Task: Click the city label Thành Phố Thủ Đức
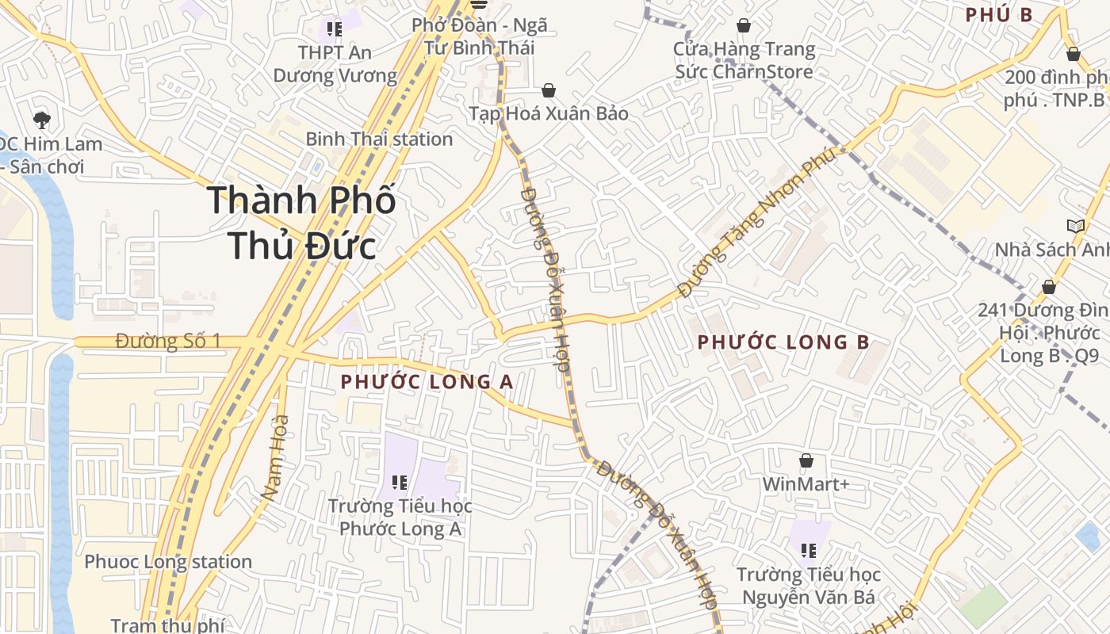tap(301, 223)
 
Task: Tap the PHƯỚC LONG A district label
tap(427, 382)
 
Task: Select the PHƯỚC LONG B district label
tap(783, 342)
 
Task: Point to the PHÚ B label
tap(999, 15)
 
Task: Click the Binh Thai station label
tap(379, 139)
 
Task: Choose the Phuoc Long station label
tap(168, 562)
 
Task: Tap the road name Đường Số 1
tap(167, 342)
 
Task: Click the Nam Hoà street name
tap(274, 457)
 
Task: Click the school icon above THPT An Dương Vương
tap(335, 30)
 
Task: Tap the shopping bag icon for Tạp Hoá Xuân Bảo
tap(549, 91)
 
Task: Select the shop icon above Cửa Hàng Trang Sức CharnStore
tap(744, 26)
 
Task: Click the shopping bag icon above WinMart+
tap(806, 460)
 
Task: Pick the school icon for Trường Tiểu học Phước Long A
tap(400, 482)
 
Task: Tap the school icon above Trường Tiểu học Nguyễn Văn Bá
tap(809, 550)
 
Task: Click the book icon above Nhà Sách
tap(1075, 227)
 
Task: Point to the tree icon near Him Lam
tap(42, 120)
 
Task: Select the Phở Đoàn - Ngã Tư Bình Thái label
tap(480, 36)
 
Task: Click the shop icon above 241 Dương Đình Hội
tap(1049, 287)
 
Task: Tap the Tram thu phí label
tap(167, 625)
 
